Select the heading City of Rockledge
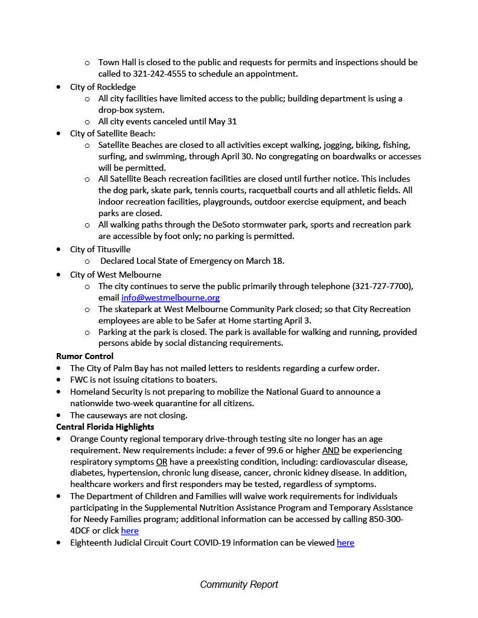pos(103,87)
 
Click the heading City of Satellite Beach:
pos(113,133)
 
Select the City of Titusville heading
pos(100,249)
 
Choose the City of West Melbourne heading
pos(116,274)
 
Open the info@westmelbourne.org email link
pos(170,298)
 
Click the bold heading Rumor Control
pos(85,356)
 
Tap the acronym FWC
pos(80,380)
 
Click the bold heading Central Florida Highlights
pos(105,427)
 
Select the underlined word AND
pos(330,450)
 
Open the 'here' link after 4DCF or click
pos(130,530)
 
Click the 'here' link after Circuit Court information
pos(345,543)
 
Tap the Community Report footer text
pos(239,584)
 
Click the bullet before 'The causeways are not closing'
pos(59,416)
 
